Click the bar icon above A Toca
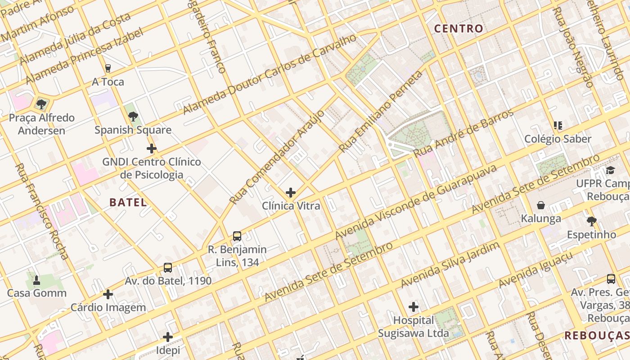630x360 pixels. pyautogui.click(x=108, y=68)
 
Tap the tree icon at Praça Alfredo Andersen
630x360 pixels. pyautogui.click(x=41, y=104)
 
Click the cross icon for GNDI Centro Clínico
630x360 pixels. pyautogui.click(x=152, y=148)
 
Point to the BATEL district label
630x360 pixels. pyautogui.click(x=128, y=202)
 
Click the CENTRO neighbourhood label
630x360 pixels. pyautogui.click(x=459, y=29)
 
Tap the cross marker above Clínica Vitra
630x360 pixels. pyautogui.click(x=291, y=193)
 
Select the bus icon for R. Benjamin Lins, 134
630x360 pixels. pyautogui.click(x=237, y=236)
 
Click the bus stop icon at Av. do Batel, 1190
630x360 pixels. pyautogui.click(x=168, y=268)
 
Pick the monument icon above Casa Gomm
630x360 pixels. pyautogui.click(x=36, y=280)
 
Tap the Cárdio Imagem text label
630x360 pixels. pyautogui.click(x=108, y=308)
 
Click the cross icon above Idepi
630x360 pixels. pyautogui.click(x=168, y=337)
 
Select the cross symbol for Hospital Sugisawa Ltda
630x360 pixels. pyautogui.click(x=413, y=307)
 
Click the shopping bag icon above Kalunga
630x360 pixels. pyautogui.click(x=540, y=206)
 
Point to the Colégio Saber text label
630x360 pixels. pyautogui.click(x=558, y=139)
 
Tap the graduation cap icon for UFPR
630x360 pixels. pyautogui.click(x=610, y=171)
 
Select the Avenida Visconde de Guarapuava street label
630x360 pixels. pyautogui.click(x=416, y=202)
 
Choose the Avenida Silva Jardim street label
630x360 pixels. pyautogui.click(x=450, y=265)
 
